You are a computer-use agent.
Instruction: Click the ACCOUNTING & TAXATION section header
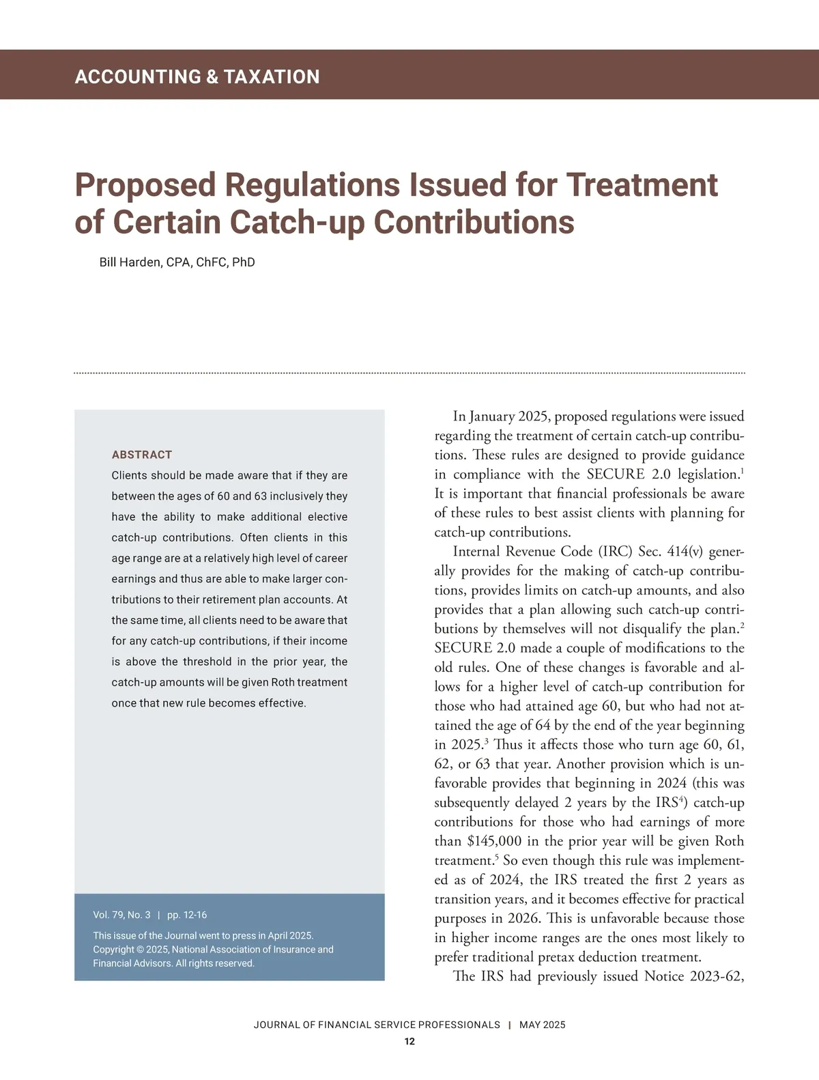197,76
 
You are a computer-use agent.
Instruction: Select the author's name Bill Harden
130,262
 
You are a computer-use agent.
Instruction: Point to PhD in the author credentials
243,262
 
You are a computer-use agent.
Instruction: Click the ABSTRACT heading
141,455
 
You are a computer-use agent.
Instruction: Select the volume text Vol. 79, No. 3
121,915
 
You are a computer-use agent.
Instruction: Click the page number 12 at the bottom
409,1042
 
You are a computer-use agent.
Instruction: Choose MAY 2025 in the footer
542,1025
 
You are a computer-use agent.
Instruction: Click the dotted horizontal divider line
409,373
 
